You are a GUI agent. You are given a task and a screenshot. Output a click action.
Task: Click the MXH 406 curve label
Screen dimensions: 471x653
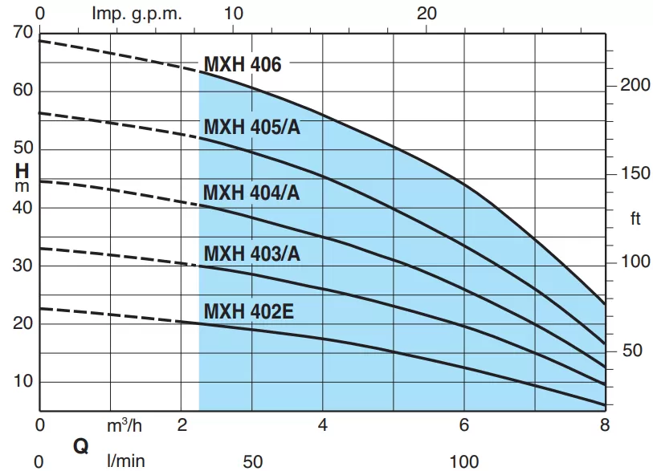243,65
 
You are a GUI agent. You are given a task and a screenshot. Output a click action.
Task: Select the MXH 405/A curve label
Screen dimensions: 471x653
251,128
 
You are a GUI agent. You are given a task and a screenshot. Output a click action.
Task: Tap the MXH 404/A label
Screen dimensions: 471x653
251,193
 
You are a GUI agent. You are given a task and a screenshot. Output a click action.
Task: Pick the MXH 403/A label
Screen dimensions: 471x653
251,254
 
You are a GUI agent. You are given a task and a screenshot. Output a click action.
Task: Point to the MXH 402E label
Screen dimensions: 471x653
248,311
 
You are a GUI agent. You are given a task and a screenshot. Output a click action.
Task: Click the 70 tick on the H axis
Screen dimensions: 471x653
22,33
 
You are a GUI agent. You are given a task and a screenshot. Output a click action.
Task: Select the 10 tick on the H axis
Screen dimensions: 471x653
22,381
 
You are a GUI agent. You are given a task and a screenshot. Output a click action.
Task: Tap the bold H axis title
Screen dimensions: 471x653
22,171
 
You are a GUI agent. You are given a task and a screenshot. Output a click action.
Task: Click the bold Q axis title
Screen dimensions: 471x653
80,446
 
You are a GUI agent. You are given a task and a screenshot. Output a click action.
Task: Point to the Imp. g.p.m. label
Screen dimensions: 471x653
137,14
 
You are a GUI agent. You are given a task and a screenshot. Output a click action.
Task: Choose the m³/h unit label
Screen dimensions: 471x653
124,425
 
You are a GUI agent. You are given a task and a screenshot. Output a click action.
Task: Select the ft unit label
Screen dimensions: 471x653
635,219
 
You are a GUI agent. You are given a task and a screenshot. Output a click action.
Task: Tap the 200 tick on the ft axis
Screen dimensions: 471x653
635,85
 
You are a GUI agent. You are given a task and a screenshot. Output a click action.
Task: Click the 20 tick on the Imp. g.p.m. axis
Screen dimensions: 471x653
428,14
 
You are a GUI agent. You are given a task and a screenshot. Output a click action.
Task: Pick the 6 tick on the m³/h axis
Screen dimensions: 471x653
463,425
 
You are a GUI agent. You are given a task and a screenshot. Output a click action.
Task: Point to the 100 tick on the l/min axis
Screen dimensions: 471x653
463,461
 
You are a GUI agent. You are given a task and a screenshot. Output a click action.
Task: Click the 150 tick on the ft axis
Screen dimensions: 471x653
635,173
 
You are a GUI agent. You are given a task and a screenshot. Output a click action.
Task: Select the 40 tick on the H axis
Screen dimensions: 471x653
22,207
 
